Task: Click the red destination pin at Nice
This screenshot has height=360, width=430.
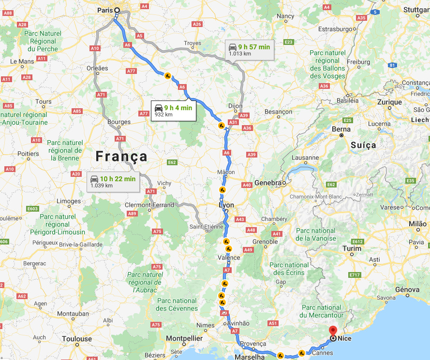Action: click(x=333, y=332)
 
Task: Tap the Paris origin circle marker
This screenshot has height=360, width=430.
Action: click(x=116, y=18)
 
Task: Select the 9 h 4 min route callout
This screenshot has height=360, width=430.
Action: click(x=173, y=110)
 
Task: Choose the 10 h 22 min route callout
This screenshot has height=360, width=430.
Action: click(x=113, y=182)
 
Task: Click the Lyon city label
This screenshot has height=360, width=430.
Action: click(x=226, y=205)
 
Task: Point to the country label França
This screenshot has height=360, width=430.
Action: click(x=121, y=156)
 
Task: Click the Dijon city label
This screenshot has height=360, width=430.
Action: click(x=235, y=105)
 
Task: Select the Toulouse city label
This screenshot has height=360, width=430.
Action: click(x=76, y=339)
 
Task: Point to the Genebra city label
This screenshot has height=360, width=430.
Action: click(x=267, y=183)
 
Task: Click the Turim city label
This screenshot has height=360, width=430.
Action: click(x=352, y=248)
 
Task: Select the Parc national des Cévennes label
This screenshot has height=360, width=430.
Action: click(x=177, y=304)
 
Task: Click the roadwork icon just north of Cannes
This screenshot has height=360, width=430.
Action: click(x=301, y=353)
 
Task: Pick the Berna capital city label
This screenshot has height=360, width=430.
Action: click(x=341, y=130)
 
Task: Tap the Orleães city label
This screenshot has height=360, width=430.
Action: click(x=97, y=68)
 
